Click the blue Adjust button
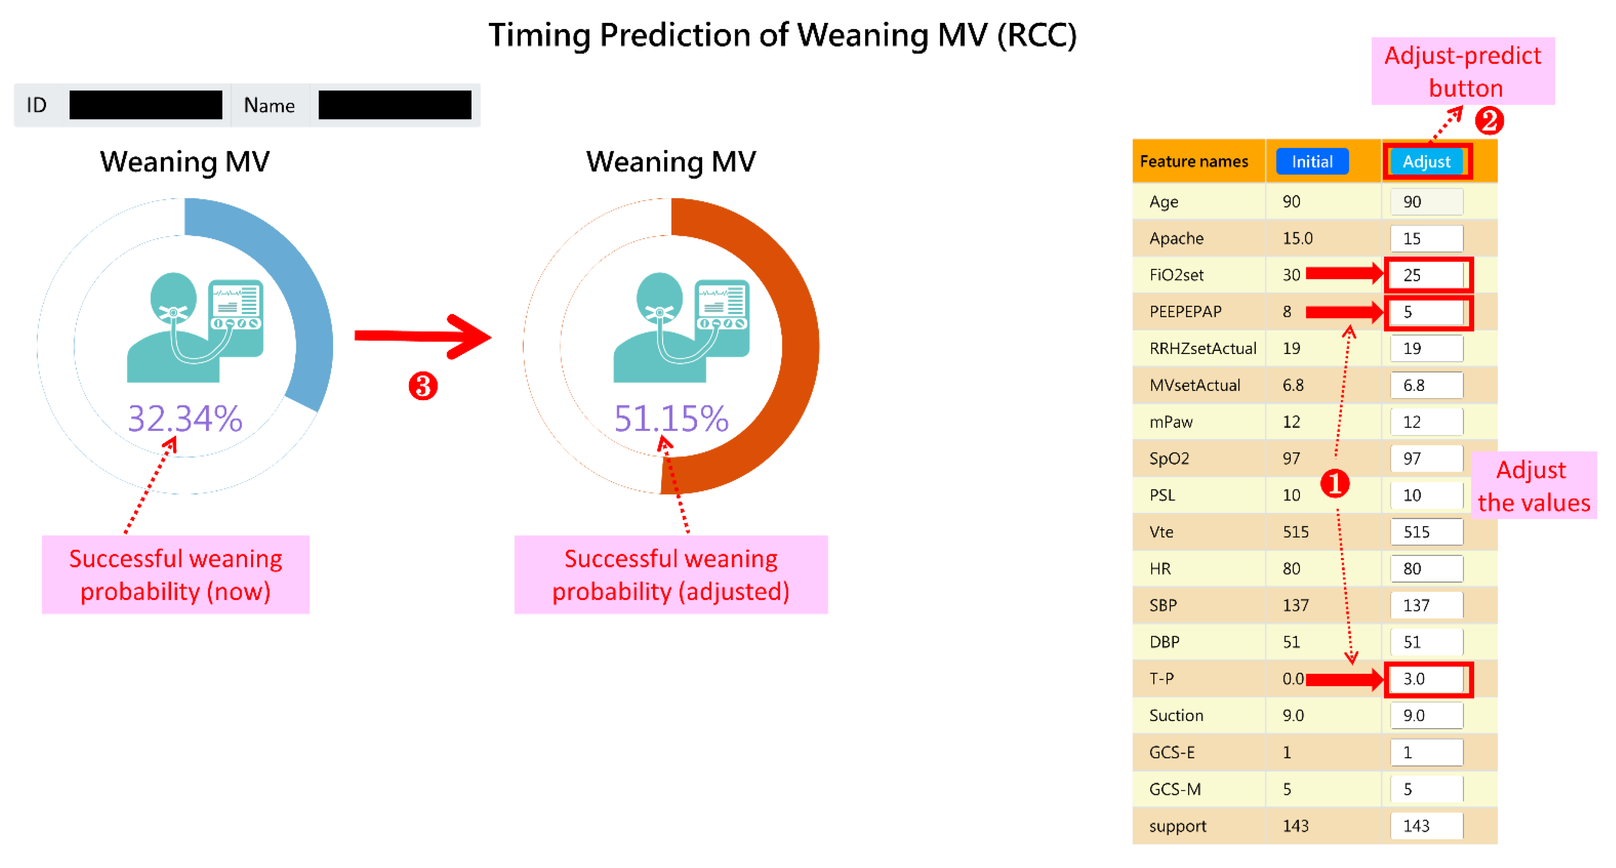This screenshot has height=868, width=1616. click(x=1427, y=162)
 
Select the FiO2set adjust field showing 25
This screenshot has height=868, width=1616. click(x=1427, y=275)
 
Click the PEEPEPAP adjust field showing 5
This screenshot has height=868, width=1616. click(x=1427, y=312)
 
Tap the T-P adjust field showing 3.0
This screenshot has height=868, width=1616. click(x=1427, y=679)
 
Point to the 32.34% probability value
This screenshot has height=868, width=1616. click(x=185, y=418)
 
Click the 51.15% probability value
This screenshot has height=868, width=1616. click(x=671, y=418)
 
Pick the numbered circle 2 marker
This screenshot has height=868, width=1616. click(x=1489, y=120)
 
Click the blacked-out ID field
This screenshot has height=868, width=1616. click(x=146, y=105)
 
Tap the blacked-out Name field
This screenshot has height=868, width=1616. click(x=394, y=105)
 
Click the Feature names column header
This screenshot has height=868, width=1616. click(x=1194, y=162)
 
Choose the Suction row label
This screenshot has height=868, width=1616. click(x=1176, y=716)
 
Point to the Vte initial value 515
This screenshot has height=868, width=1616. click(x=1295, y=532)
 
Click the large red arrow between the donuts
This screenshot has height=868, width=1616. click(x=423, y=337)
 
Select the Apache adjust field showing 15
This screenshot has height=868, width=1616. click(x=1427, y=238)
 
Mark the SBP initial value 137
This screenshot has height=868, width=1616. click(x=1295, y=605)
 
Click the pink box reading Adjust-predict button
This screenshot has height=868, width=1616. click(x=1463, y=71)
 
